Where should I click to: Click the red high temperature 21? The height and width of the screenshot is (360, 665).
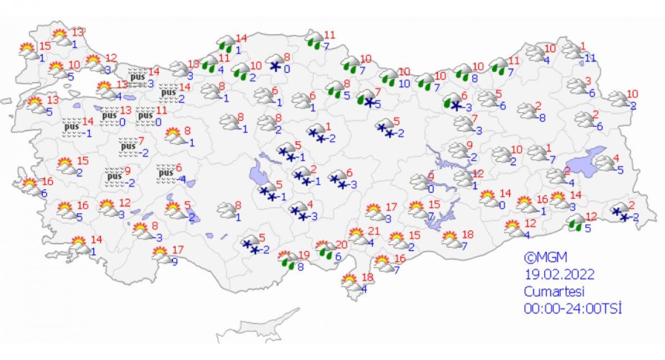click(373, 231)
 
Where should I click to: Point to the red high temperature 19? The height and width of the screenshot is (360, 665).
click(303, 255)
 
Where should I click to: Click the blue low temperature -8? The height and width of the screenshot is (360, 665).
click(543, 117)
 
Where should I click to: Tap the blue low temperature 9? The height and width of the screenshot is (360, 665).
click(174, 262)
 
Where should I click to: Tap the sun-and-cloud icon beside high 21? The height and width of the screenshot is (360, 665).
click(357, 236)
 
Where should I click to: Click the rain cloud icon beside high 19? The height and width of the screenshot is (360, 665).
click(288, 260)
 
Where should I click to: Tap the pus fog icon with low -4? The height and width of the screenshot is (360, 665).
click(166, 173)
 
